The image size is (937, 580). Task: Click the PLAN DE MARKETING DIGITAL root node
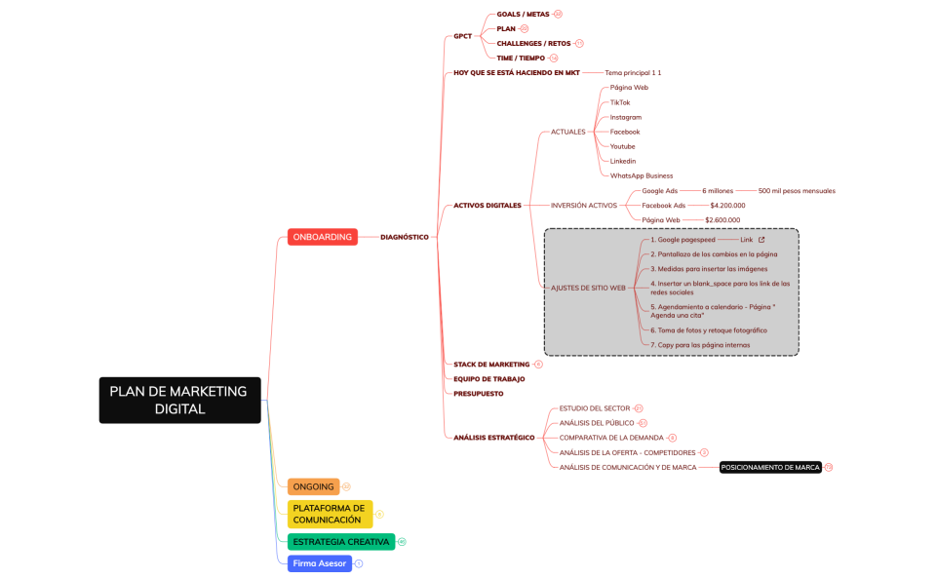click(179, 400)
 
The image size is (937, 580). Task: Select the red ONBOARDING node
click(322, 237)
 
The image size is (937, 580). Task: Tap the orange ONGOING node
click(313, 486)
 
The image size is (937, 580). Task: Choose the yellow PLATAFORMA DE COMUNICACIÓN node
click(330, 514)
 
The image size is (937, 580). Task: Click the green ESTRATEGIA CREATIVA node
click(340, 542)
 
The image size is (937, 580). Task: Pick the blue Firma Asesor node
click(320, 563)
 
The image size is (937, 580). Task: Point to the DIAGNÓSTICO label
click(404, 237)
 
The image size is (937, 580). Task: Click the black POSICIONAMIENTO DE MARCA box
click(770, 468)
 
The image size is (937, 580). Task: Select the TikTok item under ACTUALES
click(620, 102)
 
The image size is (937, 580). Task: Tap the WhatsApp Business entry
click(642, 175)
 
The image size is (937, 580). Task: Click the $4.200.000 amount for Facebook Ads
click(727, 206)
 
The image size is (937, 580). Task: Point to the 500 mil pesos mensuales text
click(797, 191)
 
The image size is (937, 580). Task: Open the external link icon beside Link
click(761, 240)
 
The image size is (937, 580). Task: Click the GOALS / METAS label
click(523, 15)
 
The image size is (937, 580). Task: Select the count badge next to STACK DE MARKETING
click(538, 365)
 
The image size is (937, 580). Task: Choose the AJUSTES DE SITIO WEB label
click(588, 288)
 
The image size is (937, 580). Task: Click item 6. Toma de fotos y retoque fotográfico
click(709, 330)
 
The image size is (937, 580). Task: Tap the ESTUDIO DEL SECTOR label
click(595, 408)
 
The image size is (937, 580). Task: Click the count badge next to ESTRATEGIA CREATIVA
click(402, 542)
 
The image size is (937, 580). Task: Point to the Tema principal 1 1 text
click(633, 73)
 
